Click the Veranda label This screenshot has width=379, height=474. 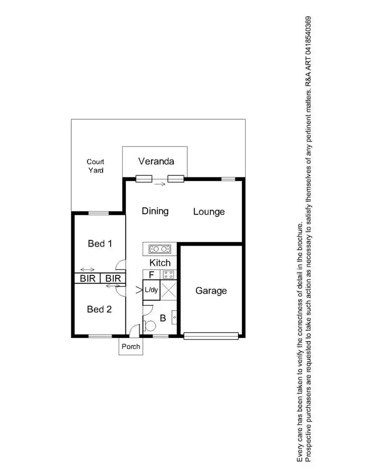click(156, 161)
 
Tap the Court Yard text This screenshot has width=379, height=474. click(96, 166)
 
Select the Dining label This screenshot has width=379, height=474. click(155, 211)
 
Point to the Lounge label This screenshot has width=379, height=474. click(209, 212)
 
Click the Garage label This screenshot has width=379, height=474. click(211, 291)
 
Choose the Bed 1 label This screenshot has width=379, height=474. click(100, 244)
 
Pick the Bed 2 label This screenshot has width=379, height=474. click(99, 309)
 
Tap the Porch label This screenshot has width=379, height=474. click(130, 347)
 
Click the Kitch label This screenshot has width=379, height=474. click(160, 263)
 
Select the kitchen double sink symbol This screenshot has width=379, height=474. click(160, 249)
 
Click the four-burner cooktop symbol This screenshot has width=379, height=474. click(168, 275)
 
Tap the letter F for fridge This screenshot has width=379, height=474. click(151, 275)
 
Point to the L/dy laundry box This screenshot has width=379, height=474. click(151, 291)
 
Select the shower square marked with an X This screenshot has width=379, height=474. click(168, 291)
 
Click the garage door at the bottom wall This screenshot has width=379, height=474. click(211, 335)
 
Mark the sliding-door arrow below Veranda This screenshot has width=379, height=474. click(160, 184)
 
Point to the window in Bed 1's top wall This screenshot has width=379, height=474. click(99, 213)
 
